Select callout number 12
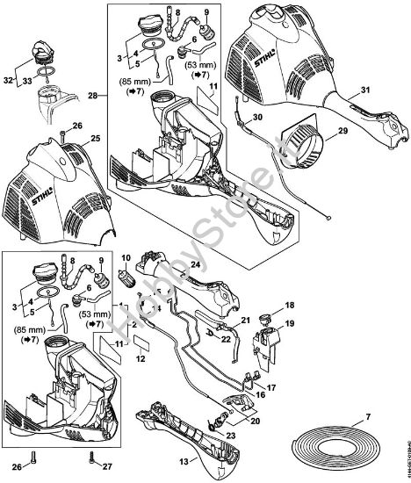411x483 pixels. pyautogui.click(x=140, y=357)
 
